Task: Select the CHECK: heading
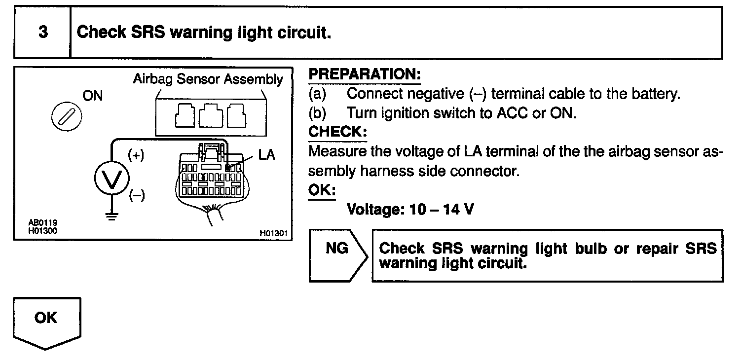point(337,132)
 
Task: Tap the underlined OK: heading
point(322,190)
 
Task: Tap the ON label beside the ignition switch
point(93,96)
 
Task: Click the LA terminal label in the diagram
point(266,155)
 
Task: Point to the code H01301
point(273,233)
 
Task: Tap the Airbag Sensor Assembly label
point(208,79)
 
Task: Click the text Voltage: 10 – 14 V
point(410,209)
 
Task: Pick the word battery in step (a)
point(658,94)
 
